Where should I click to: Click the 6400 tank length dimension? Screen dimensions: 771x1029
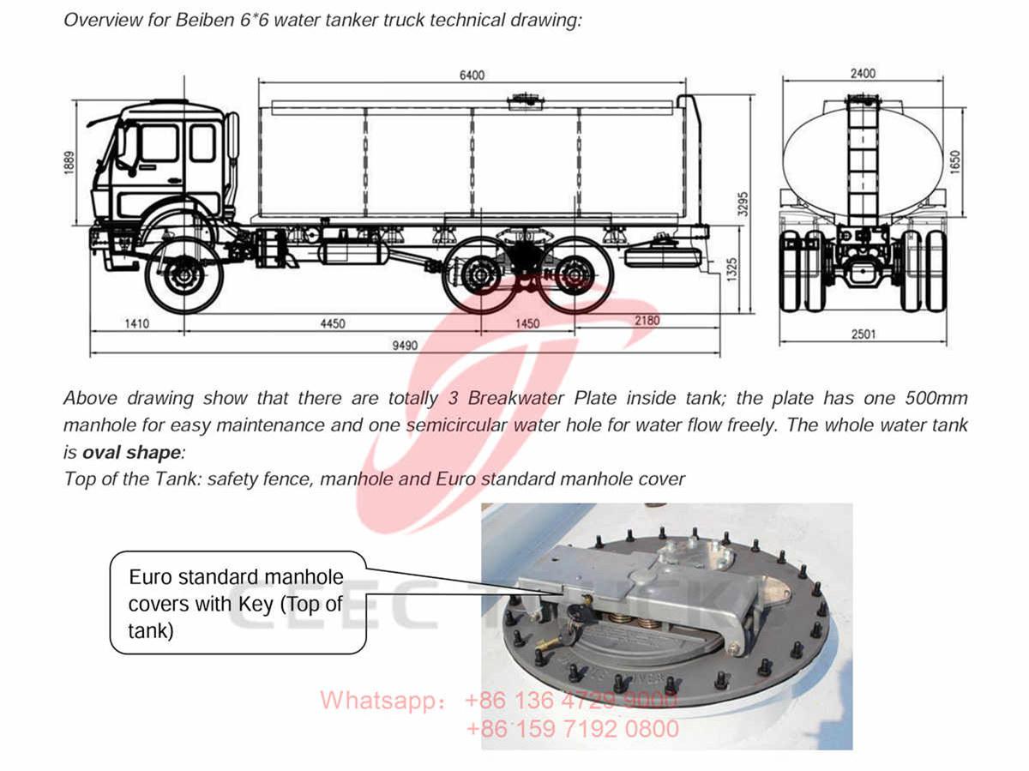[x=472, y=75]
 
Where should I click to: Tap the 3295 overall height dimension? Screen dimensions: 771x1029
[x=743, y=203]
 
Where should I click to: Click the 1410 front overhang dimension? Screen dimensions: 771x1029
[x=136, y=323]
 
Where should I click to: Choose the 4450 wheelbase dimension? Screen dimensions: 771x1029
[x=332, y=323]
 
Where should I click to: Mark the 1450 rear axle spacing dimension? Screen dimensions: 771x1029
[x=527, y=323]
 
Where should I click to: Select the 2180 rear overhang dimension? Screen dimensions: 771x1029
[x=647, y=320]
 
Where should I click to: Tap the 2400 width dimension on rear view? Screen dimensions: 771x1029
[x=863, y=74]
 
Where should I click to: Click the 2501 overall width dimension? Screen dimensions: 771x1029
[x=864, y=334]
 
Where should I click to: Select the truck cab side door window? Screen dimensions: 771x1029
[x=159, y=142]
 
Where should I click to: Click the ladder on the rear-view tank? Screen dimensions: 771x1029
[x=863, y=163]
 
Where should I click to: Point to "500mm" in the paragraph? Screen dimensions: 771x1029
[x=936, y=399]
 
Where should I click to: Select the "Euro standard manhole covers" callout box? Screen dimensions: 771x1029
[x=238, y=603]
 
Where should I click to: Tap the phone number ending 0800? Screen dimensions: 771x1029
[x=572, y=729]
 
